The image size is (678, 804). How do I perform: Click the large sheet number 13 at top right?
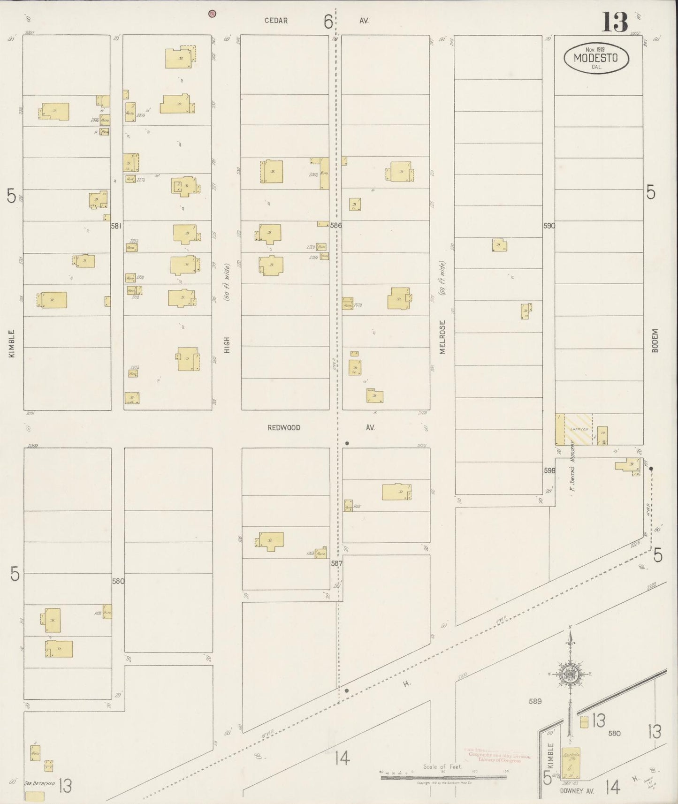[x=615, y=22]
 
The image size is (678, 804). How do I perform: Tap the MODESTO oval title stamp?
[x=596, y=59]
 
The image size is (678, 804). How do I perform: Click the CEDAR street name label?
[x=276, y=21]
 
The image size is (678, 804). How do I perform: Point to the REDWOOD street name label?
[x=284, y=428]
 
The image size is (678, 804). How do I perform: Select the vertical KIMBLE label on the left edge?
[x=12, y=343]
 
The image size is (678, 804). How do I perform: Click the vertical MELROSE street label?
[x=442, y=337]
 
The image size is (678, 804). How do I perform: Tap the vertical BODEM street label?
[x=655, y=340]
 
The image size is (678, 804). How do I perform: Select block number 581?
[x=116, y=226]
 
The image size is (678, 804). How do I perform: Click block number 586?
[x=335, y=226]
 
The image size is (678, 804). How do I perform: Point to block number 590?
[x=549, y=226]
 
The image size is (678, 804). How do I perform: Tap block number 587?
[x=336, y=562]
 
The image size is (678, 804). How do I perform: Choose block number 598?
[x=549, y=470]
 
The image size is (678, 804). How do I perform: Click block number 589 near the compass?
[x=535, y=701]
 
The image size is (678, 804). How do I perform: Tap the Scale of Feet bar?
[x=443, y=777]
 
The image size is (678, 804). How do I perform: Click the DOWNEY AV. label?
[x=577, y=791]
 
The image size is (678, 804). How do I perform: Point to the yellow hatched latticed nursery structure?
[x=578, y=429]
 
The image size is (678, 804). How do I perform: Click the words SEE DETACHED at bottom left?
[x=39, y=783]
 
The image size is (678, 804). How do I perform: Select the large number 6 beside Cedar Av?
[x=328, y=22]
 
